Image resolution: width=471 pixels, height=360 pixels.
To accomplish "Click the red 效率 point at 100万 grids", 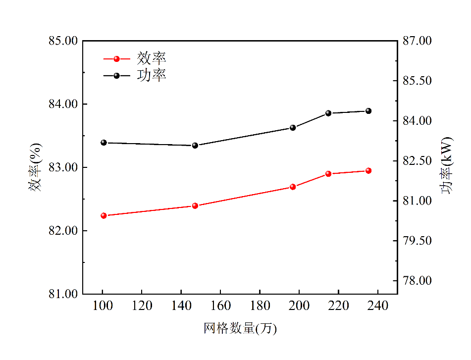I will click(104, 215).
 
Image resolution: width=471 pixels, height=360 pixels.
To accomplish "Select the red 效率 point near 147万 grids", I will click(195, 206).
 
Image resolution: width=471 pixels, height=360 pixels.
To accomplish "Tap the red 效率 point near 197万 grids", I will click(293, 187).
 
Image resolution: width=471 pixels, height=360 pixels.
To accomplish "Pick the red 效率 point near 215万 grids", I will click(328, 174).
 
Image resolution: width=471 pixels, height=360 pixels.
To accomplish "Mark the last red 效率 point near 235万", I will click(368, 170).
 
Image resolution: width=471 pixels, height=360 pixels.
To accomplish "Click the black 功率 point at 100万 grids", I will click(104, 143).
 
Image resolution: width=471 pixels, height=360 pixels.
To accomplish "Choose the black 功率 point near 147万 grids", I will click(195, 145).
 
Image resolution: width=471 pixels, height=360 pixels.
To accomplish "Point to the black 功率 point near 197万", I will click(293, 128).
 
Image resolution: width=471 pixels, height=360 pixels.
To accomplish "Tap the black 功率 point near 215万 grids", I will click(328, 113).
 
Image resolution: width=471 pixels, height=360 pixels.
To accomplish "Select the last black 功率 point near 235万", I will click(368, 111).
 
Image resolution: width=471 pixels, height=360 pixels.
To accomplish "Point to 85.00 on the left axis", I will click(63, 41).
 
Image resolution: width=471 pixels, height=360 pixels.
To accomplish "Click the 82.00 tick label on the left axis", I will click(63, 231).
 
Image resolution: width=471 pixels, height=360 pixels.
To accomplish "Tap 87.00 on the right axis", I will click(419, 41).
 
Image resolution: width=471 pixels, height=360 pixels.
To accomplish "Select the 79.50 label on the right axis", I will click(419, 241).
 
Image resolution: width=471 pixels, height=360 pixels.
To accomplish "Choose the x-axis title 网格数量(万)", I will click(240, 328).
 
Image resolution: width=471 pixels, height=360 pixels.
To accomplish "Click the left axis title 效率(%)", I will click(36, 167).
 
